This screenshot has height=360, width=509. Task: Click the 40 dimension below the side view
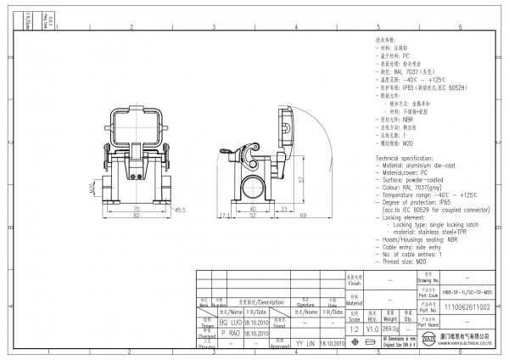[x=253, y=208]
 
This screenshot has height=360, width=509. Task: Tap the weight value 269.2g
[x=390, y=328]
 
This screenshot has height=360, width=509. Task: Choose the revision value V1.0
[x=372, y=328]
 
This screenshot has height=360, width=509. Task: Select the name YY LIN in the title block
[x=305, y=344]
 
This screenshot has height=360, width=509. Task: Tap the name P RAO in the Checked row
[x=230, y=334]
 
